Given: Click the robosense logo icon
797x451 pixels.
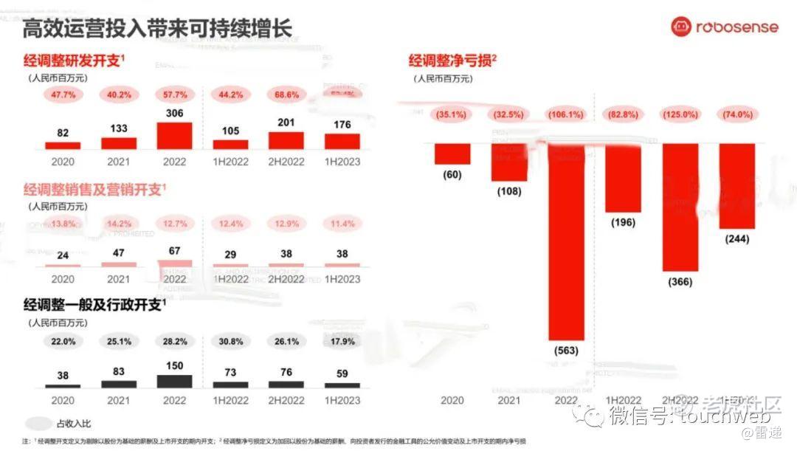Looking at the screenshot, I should click(x=681, y=27).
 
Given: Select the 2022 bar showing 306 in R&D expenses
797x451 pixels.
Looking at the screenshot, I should click(x=175, y=137).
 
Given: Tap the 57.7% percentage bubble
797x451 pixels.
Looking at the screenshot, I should click(x=175, y=94).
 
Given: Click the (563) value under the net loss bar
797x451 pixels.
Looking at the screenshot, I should click(x=566, y=351).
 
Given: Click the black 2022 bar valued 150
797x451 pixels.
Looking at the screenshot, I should click(x=175, y=381).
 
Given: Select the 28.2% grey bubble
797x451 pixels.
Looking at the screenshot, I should click(x=175, y=341).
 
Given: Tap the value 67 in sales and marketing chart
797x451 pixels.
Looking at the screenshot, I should click(x=175, y=250).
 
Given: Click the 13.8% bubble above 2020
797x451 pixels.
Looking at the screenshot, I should click(x=63, y=223).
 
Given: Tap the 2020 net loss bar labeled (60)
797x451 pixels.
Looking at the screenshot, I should click(x=452, y=154).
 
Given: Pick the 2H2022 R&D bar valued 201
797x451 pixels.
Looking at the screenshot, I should click(x=286, y=141).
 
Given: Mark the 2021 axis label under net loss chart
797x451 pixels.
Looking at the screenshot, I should click(x=509, y=399).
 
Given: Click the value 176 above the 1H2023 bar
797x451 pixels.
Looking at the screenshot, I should click(x=342, y=124).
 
